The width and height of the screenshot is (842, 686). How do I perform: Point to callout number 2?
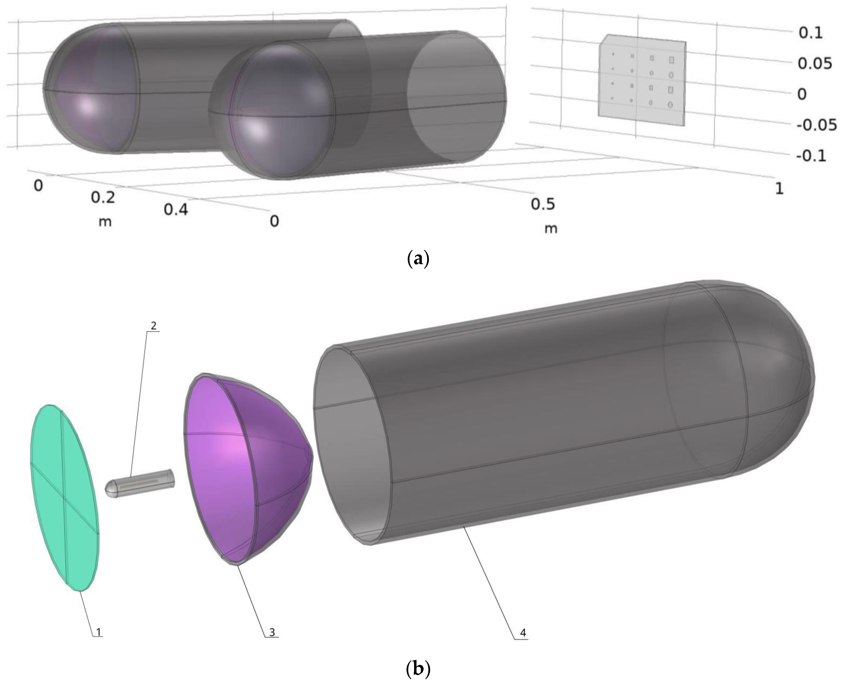point(153,326)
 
